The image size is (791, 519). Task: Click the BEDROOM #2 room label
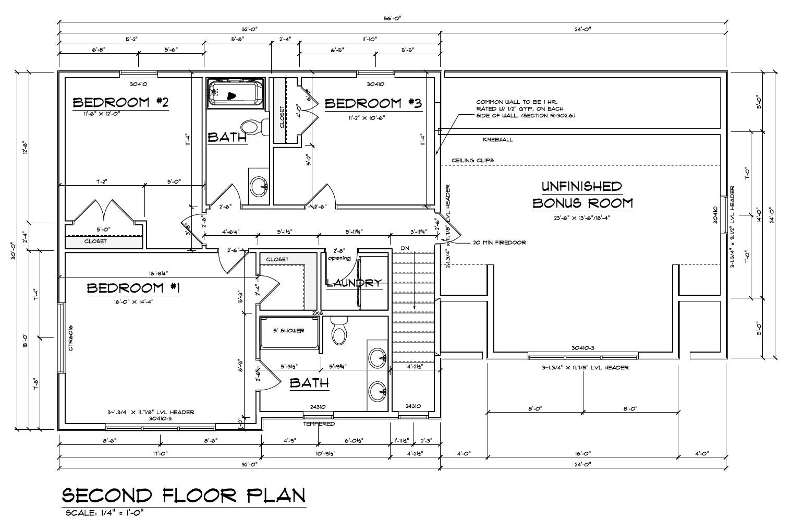pyautogui.click(x=120, y=102)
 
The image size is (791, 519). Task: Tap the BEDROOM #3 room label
pyautogui.click(x=373, y=103)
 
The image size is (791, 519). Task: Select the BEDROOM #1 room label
pyautogui.click(x=133, y=288)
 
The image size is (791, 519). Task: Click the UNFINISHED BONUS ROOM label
pyautogui.click(x=582, y=195)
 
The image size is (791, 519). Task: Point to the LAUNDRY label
pyautogui.click(x=354, y=283)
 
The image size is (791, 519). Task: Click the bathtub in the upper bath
pyautogui.click(x=236, y=93)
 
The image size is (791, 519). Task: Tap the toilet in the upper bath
pyautogui.click(x=252, y=127)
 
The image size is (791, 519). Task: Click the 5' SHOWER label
pyautogui.click(x=288, y=331)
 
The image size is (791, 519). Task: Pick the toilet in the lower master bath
pyautogui.click(x=339, y=332)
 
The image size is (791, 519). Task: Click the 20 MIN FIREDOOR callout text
pyautogui.click(x=499, y=243)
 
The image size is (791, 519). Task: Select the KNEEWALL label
pyautogui.click(x=497, y=140)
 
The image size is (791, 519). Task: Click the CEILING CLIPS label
pyautogui.click(x=472, y=160)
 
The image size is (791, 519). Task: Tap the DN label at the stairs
pyautogui.click(x=405, y=248)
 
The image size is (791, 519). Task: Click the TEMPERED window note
pyautogui.click(x=319, y=424)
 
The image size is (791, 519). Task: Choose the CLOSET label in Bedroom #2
pyautogui.click(x=95, y=242)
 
